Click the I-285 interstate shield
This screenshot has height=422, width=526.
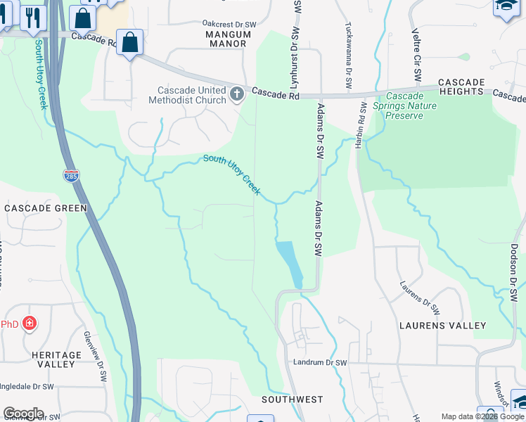[71, 176]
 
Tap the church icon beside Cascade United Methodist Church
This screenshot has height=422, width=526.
[237, 94]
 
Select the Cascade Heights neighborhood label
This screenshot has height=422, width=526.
[461, 87]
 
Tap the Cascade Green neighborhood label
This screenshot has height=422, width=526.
[45, 208]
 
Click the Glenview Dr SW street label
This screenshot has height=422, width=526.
[95, 356]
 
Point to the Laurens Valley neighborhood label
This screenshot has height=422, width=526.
[442, 326]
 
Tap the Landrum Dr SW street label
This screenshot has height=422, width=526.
[319, 363]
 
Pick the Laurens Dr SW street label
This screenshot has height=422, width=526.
[420, 298]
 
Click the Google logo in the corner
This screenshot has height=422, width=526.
[23, 414]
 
